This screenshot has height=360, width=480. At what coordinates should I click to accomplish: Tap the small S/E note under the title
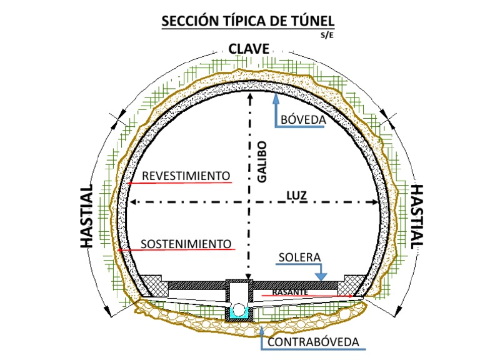(327, 35)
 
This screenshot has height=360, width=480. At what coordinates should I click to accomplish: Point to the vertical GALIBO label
(262, 161)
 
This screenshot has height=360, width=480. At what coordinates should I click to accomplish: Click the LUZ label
(296, 195)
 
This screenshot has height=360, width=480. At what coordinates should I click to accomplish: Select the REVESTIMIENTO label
(186, 176)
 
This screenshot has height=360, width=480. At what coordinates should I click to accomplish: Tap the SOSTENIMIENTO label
(186, 242)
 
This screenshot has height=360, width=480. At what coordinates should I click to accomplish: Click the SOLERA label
(300, 257)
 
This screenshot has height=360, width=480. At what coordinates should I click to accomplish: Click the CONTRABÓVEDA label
(313, 342)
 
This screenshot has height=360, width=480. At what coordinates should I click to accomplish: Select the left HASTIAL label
(87, 216)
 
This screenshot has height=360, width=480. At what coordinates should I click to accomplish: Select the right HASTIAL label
(417, 216)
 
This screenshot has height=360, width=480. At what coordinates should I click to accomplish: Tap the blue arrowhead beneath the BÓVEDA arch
(276, 97)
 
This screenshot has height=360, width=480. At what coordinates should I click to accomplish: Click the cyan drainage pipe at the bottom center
(239, 310)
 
